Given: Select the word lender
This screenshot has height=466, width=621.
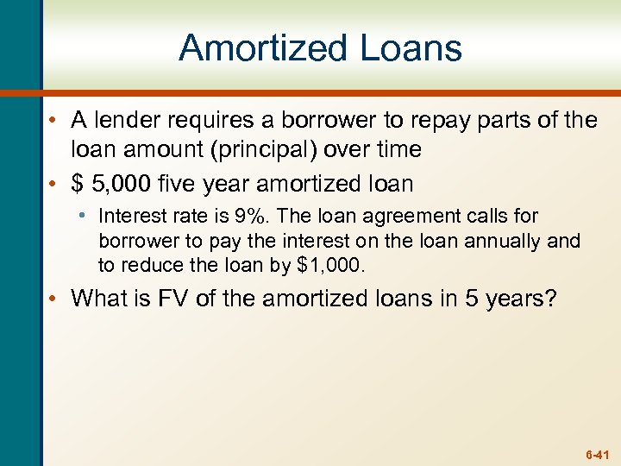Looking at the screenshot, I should coord(129,120).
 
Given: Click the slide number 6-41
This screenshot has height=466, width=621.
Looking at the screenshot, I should coord(597,452).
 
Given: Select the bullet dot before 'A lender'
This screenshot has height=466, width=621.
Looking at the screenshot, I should coord(54,121).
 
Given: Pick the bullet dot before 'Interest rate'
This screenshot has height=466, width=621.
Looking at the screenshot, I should coord(87,216).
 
